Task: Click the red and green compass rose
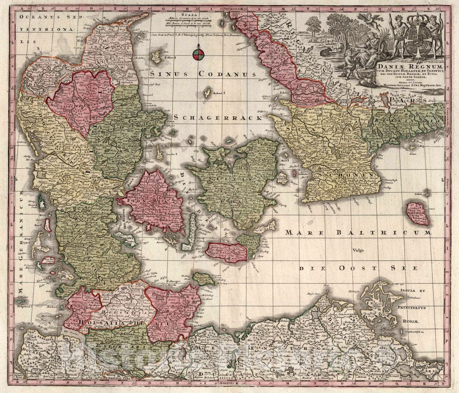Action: (x=198, y=54)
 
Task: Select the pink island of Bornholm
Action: (x=417, y=214)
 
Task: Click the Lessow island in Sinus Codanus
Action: (x=156, y=57)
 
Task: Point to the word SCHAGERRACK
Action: (x=218, y=118)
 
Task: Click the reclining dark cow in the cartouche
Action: (x=327, y=52)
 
